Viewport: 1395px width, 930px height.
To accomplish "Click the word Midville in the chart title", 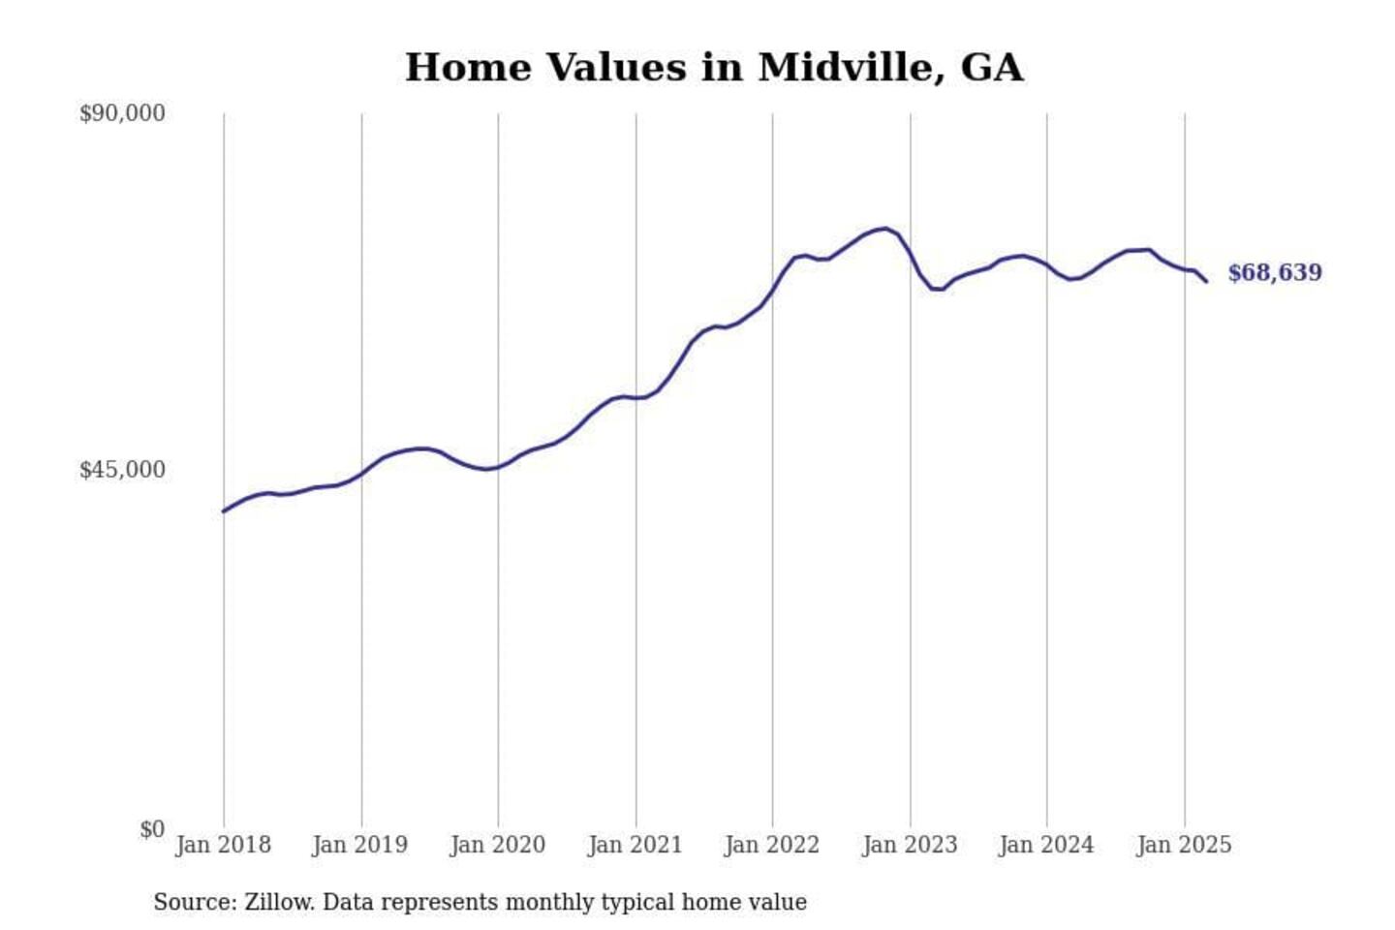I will (851, 68).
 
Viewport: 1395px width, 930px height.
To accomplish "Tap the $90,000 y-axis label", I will (122, 113).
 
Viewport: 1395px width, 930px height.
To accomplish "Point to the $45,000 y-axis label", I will (122, 470).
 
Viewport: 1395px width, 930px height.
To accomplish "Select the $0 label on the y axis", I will (152, 829).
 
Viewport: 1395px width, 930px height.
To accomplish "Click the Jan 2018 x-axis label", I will (223, 845).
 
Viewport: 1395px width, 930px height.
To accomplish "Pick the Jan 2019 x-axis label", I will (360, 845).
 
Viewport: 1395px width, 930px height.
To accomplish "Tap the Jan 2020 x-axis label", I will (498, 845).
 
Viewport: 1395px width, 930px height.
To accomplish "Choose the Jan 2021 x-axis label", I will (635, 845).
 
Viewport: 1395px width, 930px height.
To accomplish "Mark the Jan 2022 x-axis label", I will (772, 845).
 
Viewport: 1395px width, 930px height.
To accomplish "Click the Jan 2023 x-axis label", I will (910, 845).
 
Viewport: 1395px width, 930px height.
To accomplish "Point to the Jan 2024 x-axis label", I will (1046, 845).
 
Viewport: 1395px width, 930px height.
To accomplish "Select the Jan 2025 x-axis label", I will (1184, 845).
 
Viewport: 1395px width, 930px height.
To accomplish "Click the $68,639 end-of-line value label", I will (1274, 272).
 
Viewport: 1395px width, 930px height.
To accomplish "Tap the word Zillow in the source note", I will (278, 902).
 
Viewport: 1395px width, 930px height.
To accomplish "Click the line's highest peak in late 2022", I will (883, 229).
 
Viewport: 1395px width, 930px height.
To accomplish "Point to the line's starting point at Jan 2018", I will (224, 511).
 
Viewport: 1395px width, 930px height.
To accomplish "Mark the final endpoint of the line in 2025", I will (1206, 281).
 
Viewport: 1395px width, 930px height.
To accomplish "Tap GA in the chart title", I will (992, 68).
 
